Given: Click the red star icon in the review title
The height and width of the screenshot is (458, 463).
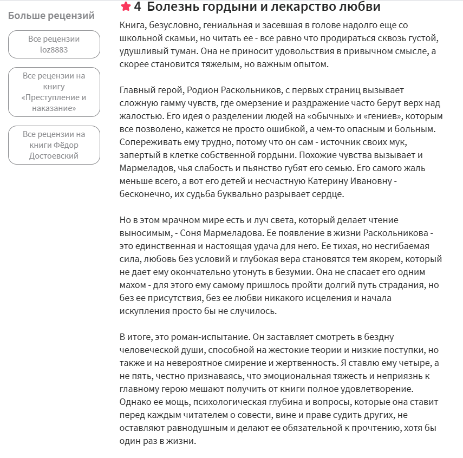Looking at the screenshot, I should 126,7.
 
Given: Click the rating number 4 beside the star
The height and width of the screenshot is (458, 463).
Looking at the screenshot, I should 138,7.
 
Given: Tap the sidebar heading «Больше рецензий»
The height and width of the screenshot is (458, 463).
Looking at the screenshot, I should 51,16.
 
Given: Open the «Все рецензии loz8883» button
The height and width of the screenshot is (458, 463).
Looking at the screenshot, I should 54,44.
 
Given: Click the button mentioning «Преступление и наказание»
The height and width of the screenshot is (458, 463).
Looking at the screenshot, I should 54,92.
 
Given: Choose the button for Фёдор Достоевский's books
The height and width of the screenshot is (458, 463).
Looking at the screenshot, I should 54,145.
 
